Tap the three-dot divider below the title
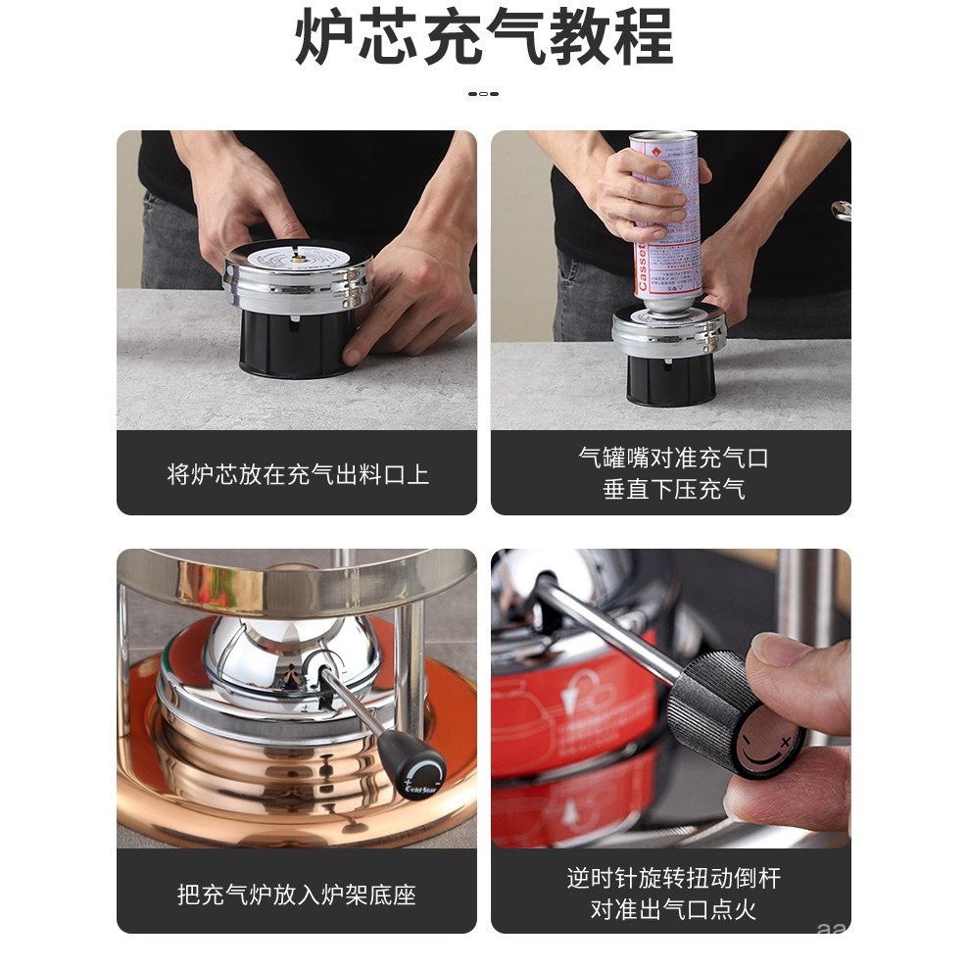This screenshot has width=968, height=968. pos(483,94)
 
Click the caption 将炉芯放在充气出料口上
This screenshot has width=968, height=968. pos(297,475)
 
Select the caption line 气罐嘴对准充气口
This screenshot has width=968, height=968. pos(672,458)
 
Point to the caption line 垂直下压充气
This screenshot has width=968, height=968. pos(672,489)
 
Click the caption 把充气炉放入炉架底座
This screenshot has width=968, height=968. pos(297,894)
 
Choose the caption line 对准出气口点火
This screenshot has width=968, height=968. pos(672,909)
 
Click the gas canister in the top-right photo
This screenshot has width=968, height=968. pos(666,220)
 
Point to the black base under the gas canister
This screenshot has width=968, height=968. pos(670,377)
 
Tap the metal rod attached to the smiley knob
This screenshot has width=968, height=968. pos(607,627)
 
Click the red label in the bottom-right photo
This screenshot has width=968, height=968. pos(568,715)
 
